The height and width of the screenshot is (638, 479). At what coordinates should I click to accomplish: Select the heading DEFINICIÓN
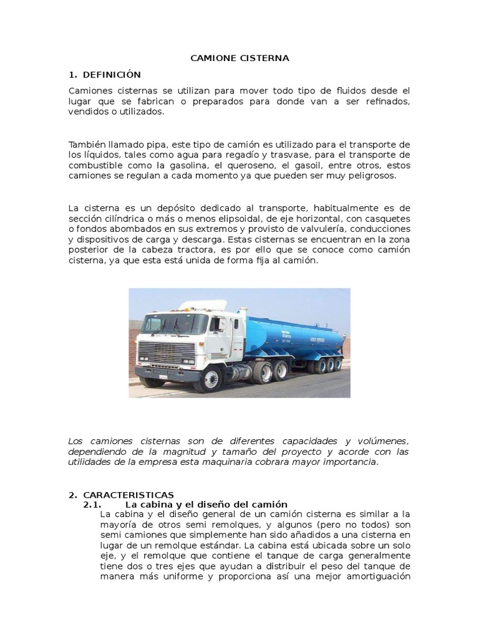112,75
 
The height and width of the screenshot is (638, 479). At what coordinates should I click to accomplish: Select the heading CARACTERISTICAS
128,495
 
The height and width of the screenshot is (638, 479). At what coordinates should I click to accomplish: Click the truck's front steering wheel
210,378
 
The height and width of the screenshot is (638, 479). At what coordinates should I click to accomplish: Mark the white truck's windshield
175,323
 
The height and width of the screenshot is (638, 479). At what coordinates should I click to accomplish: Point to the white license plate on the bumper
163,376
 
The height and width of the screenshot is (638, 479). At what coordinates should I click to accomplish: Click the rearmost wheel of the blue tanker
338,363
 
